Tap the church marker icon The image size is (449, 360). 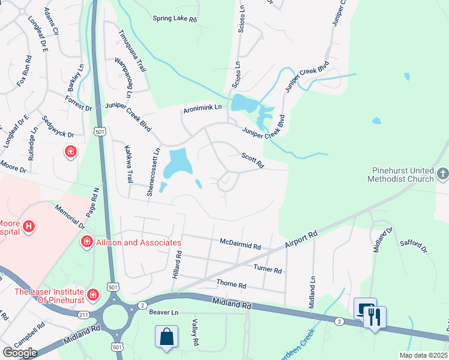[442, 174]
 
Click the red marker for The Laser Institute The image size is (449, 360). [92, 294]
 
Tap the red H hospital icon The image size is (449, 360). [28, 227]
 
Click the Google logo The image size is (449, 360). [20, 352]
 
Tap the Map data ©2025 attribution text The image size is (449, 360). [423, 355]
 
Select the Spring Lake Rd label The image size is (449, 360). [175, 19]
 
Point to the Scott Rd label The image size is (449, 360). [252, 159]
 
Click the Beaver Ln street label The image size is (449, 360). [164, 313]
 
